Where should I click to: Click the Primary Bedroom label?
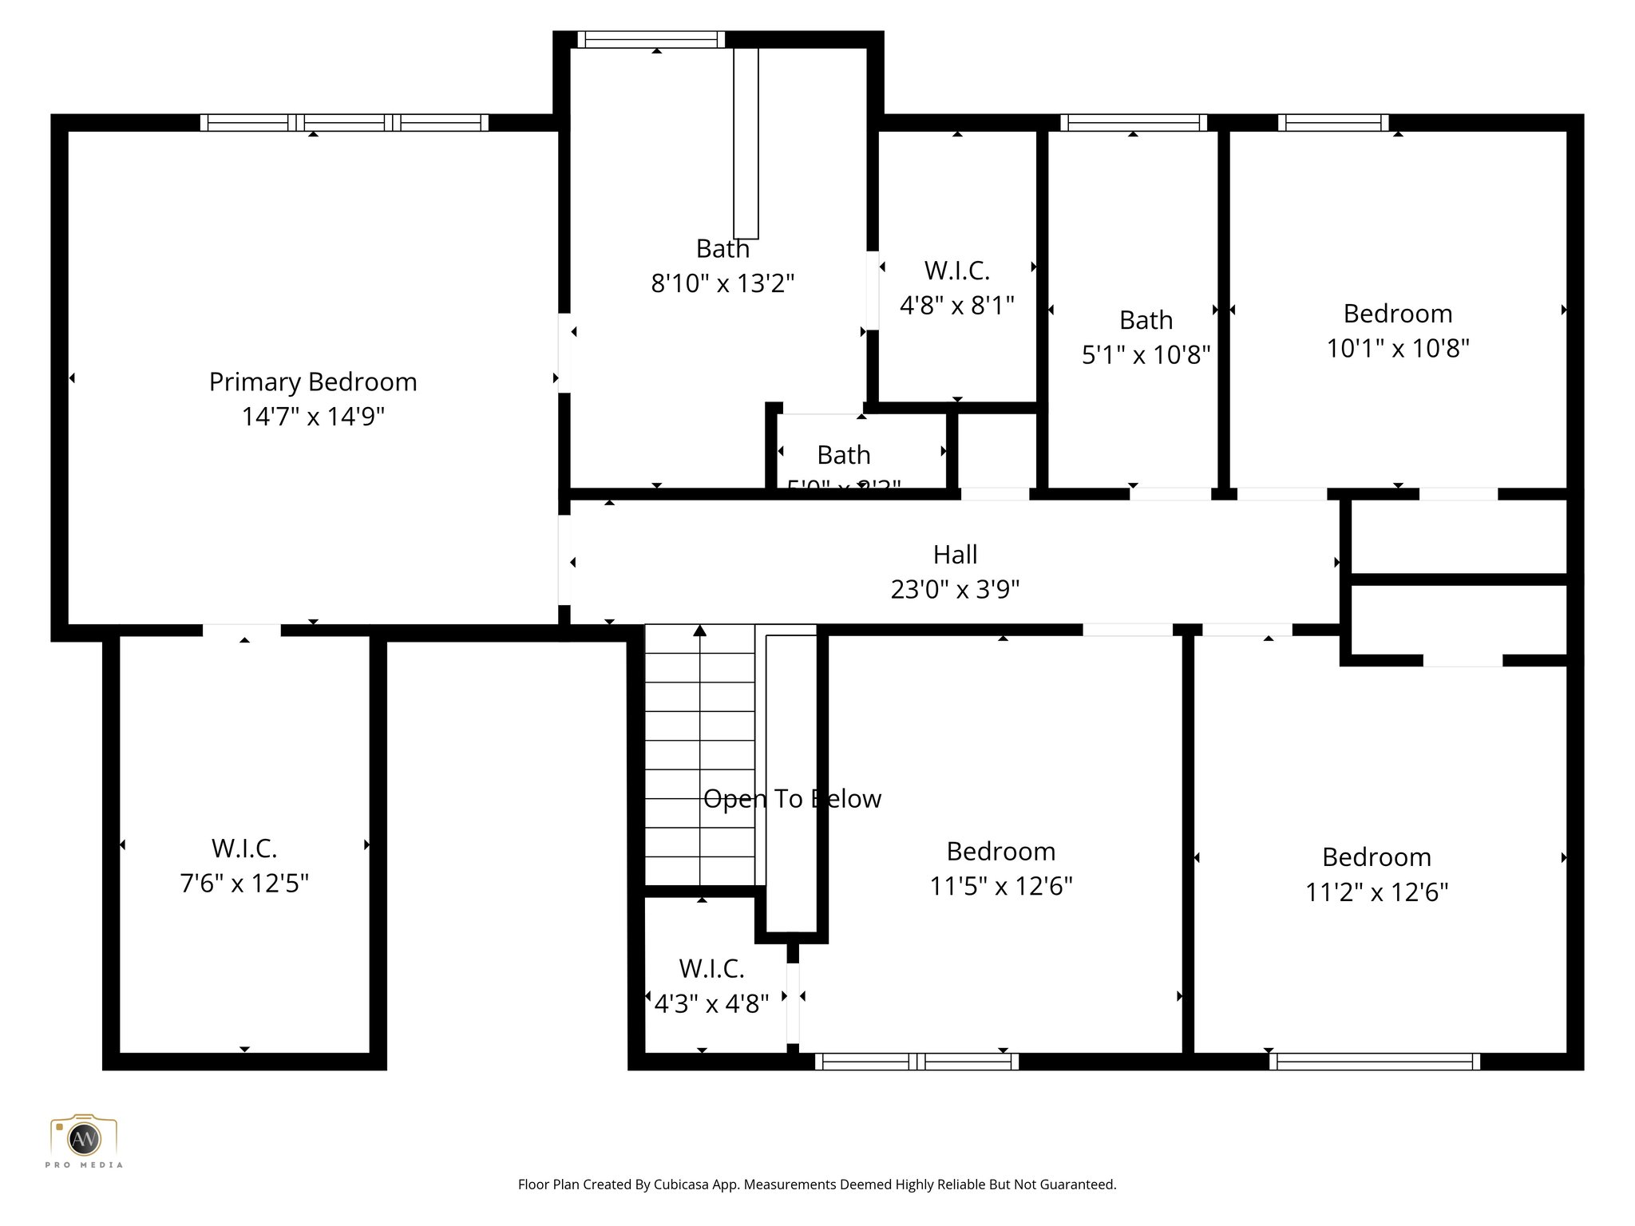coord(313,382)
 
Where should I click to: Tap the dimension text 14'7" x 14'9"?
coord(313,417)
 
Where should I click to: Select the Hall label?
coord(955,555)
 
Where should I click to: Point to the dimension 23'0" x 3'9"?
coord(955,590)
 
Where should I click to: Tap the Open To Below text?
coord(792,799)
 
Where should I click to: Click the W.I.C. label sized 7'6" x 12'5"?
coord(244,848)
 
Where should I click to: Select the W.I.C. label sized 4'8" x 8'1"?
coord(956,271)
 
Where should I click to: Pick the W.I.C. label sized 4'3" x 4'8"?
coord(711,969)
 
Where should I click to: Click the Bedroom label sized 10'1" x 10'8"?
coord(1397,314)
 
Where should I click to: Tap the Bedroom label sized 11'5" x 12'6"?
coord(1000,852)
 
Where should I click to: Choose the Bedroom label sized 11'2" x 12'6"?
coord(1376,857)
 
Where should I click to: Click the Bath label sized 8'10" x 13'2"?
coord(722,249)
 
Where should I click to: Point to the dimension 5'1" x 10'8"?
coord(1146,355)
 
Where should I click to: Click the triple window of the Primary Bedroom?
coord(344,122)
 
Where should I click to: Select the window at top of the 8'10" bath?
coord(651,39)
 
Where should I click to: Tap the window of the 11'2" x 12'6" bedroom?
coord(1375,1062)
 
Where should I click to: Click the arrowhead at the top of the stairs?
coord(700,631)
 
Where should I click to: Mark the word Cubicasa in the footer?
coord(683,1184)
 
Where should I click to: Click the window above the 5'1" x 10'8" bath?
coord(1133,122)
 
